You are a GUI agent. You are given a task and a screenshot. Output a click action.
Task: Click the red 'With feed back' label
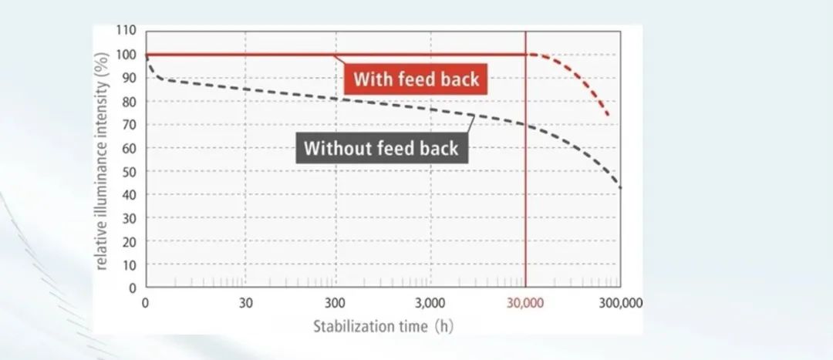[416, 79]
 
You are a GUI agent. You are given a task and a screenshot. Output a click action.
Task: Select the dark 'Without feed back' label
[381, 148]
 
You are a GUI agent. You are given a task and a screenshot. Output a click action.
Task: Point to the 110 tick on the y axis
[126, 31]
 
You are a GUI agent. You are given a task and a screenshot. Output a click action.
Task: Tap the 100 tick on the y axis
[126, 55]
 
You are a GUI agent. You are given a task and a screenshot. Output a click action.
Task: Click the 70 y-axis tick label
[129, 125]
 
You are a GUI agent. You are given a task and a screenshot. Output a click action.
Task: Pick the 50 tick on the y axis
[129, 171]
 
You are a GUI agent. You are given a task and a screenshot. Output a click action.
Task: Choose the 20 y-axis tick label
[129, 241]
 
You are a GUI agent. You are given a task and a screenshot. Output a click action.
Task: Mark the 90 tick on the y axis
[129, 78]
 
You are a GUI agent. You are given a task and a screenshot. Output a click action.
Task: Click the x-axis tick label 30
[246, 302]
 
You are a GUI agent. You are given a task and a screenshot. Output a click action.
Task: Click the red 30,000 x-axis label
[525, 302]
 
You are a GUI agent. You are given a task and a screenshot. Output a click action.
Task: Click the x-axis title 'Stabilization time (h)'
[383, 325]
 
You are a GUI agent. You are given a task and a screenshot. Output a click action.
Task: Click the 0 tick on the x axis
[146, 302]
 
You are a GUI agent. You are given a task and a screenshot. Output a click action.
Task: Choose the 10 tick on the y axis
[129, 264]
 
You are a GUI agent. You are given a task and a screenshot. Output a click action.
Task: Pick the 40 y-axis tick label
[129, 195]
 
